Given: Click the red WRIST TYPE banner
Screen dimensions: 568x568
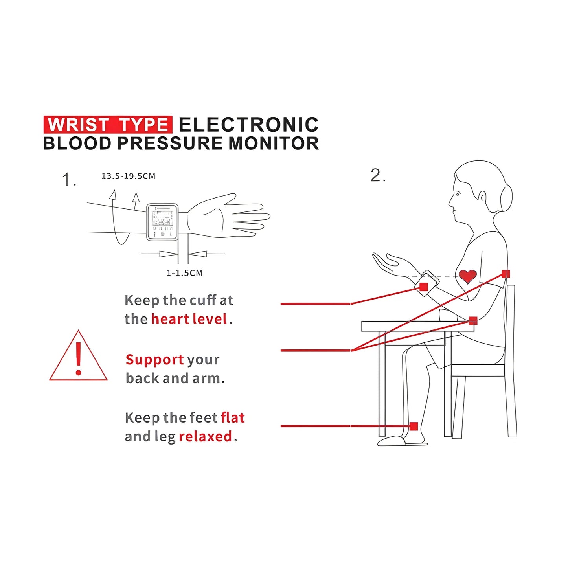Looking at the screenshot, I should tap(108, 125).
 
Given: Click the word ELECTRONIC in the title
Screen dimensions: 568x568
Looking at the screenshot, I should tap(248, 125).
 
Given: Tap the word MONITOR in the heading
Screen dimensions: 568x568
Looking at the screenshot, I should tap(274, 143).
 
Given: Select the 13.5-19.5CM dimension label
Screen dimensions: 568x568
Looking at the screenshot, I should tap(129, 176).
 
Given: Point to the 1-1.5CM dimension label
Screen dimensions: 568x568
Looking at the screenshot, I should tap(184, 273).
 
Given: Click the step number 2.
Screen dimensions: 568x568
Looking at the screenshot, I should tap(377, 175).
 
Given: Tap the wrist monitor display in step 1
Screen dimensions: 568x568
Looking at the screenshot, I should tap(162, 222).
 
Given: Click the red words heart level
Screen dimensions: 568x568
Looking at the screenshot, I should tap(189, 319).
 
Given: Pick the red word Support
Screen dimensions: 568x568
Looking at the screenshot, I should tap(154, 359).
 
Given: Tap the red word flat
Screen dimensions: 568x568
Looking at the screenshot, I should tap(233, 417).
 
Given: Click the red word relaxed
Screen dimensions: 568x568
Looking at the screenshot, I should tap(205, 436).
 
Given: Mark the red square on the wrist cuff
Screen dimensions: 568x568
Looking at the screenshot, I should tap(423, 287).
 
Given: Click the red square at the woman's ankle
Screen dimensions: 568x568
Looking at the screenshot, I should tap(414, 426).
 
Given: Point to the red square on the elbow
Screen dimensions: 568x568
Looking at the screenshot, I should tap(473, 321).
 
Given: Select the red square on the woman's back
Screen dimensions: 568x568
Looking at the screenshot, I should tap(506, 274).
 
